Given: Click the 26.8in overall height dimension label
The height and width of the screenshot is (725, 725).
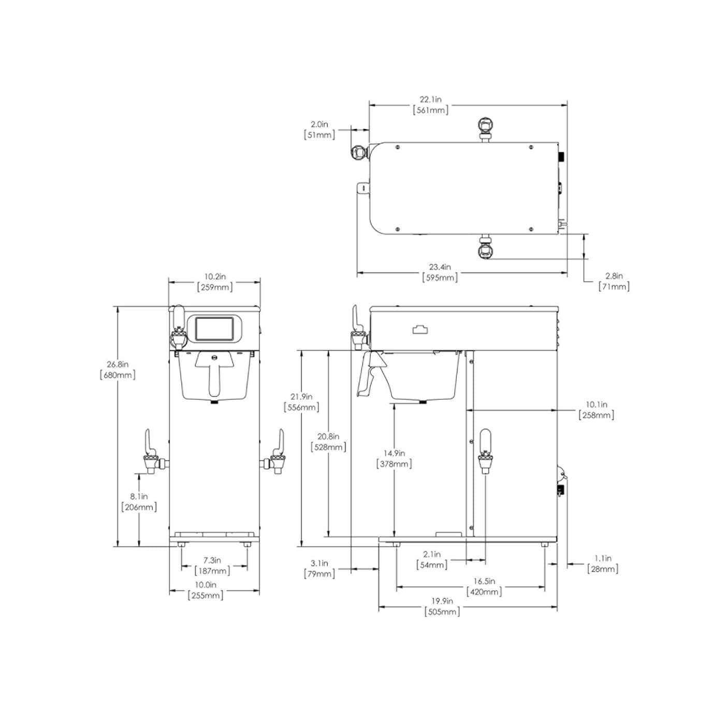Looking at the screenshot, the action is [x=118, y=369].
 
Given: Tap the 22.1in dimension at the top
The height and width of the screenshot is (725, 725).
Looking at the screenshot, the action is [x=430, y=105].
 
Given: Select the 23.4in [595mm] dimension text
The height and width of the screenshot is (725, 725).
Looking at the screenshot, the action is [x=440, y=272].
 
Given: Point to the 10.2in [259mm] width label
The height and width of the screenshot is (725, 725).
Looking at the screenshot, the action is [x=215, y=282].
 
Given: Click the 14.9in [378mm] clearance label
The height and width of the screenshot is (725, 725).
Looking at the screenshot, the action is [x=394, y=459].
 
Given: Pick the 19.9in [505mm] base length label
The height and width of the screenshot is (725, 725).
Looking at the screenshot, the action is [x=442, y=606].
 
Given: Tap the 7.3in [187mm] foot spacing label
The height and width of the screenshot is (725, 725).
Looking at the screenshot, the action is [x=212, y=565].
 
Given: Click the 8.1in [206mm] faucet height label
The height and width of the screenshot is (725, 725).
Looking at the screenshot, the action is [x=139, y=501].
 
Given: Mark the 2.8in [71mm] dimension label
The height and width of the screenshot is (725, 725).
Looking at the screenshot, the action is [x=614, y=281].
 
